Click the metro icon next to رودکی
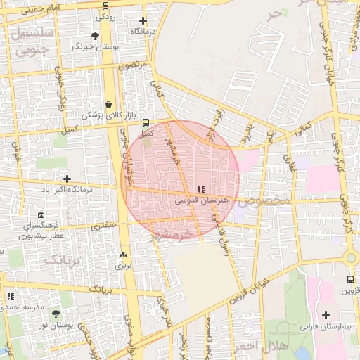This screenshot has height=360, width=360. pos(105,5)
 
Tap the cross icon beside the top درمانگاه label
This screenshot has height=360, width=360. pos(143,21)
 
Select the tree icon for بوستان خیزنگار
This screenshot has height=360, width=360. pos(96,35)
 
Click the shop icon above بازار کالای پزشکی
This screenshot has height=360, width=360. pos(109,104)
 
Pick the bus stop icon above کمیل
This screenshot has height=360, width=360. pos(146,122)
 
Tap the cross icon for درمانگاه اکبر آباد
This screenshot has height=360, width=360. pos(67,179)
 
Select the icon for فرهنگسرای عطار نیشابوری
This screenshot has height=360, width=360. pos(41,215)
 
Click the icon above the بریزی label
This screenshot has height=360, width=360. pos(124,255)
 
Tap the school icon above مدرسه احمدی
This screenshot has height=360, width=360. pos(10,296)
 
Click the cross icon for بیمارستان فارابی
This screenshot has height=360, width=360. pos(325,316)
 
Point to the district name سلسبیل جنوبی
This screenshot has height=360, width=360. pos(32,41)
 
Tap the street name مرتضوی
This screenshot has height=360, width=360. pos(134,65)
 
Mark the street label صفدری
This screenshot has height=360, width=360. pos(103,226)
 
